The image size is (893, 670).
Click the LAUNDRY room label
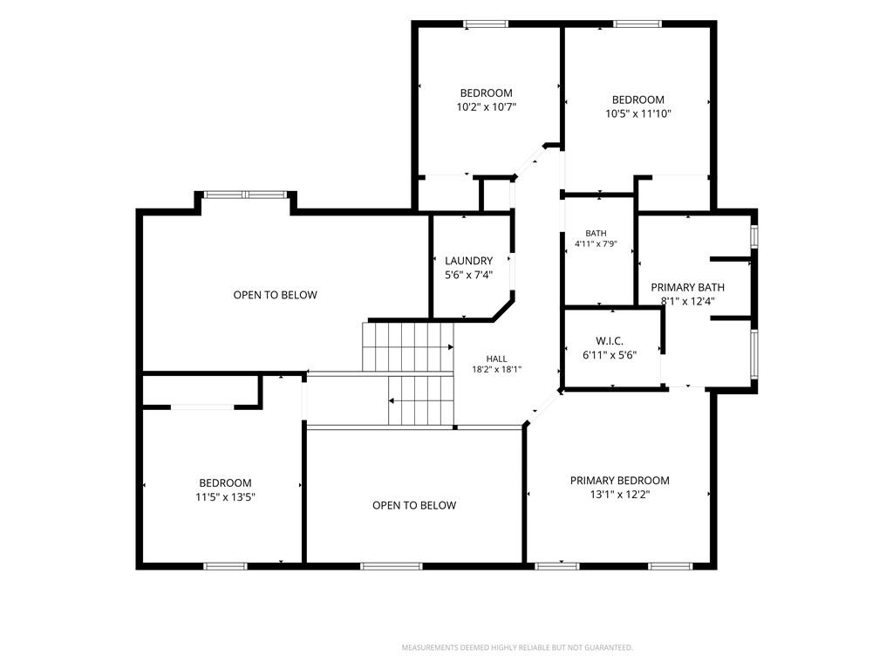(468, 261)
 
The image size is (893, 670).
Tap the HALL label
(496, 359)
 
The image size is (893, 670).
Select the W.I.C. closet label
(610, 341)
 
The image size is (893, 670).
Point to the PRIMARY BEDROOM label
(620, 481)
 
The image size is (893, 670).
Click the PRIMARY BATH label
(687, 288)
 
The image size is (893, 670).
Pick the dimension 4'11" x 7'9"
(596, 244)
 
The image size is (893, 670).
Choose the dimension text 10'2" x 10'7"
(487, 106)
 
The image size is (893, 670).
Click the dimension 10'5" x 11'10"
(637, 113)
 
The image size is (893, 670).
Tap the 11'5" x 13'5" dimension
(225, 496)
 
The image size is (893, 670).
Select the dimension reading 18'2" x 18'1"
(496, 369)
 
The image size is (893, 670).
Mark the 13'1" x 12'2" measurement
(620, 495)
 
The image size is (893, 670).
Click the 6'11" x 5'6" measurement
(610, 355)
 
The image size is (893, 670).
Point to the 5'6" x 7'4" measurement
(468, 275)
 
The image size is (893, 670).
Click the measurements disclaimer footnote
(517, 648)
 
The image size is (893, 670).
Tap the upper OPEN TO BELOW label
(275, 295)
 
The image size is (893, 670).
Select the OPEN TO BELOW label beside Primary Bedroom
(414, 505)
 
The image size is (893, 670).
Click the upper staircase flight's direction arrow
(408, 346)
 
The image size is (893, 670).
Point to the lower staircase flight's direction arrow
(421, 401)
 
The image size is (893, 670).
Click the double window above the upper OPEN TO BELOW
(245, 195)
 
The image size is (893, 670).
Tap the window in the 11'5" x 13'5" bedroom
(225, 566)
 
